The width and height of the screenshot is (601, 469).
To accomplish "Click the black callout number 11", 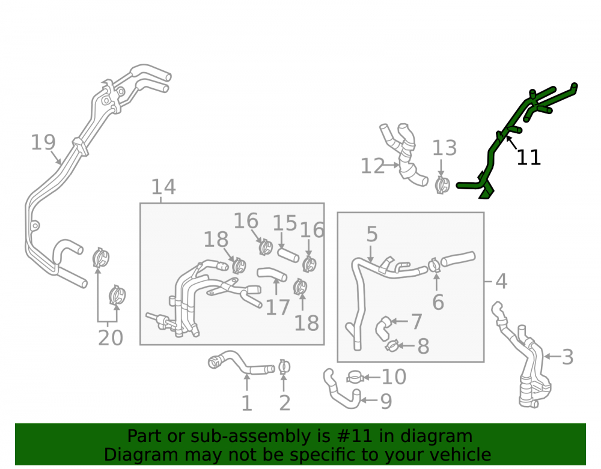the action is [528, 157].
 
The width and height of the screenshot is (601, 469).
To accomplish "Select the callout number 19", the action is [43, 142].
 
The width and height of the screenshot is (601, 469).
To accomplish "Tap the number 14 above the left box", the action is [163, 187].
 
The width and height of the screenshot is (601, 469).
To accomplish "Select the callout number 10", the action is [394, 377].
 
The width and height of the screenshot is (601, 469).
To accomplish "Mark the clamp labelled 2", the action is [284, 367].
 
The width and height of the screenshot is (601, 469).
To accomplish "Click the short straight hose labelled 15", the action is [288, 255].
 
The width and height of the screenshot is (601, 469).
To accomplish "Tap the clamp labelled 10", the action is [355, 377].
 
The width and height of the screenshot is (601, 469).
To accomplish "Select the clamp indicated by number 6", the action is [435, 265].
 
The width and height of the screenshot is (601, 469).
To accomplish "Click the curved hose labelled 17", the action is [272, 273].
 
